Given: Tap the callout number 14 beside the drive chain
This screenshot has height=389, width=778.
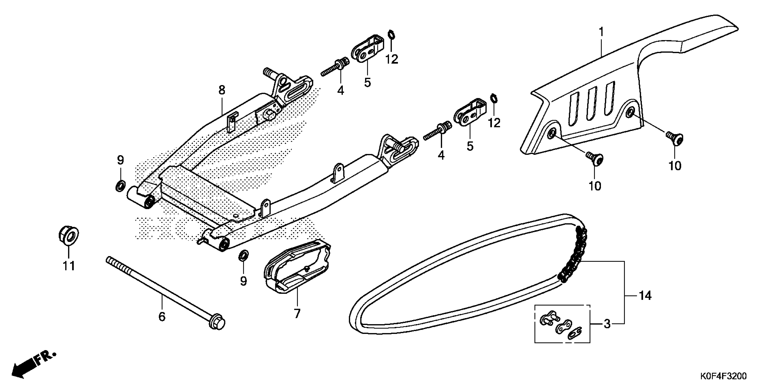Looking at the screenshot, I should [645, 295].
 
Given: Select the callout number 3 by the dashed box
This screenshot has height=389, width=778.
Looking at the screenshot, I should [607, 324].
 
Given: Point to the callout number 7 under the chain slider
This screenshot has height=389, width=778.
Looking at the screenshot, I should [297, 313].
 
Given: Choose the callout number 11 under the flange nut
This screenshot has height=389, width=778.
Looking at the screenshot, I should [69, 266].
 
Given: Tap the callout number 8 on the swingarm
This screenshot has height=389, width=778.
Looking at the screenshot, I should [222, 90].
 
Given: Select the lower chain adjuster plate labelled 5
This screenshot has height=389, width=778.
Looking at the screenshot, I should [470, 113].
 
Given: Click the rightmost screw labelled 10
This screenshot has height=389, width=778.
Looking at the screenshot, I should [675, 139].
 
